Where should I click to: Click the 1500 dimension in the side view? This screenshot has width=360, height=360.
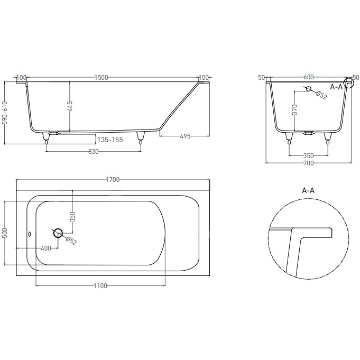[x=101, y=77]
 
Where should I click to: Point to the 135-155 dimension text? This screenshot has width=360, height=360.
[x=110, y=140]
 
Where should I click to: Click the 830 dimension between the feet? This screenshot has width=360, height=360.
[x=93, y=151]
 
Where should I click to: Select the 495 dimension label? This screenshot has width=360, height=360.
[x=184, y=136]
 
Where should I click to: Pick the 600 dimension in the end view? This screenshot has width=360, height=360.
[x=308, y=77]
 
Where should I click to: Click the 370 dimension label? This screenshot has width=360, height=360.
[x=294, y=109]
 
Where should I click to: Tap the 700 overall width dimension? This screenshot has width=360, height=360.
[x=308, y=163]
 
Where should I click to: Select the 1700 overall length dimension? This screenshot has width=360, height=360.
[x=112, y=180]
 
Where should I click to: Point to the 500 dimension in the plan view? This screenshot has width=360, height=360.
[x=5, y=233]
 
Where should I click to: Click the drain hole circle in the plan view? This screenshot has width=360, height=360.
[x=58, y=232]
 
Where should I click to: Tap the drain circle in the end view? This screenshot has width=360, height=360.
[x=309, y=89]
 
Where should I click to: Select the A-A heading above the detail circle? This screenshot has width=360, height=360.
[x=308, y=190]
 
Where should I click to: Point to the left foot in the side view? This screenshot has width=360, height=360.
[x=47, y=139]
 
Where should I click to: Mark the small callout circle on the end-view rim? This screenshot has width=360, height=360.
[x=348, y=84]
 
